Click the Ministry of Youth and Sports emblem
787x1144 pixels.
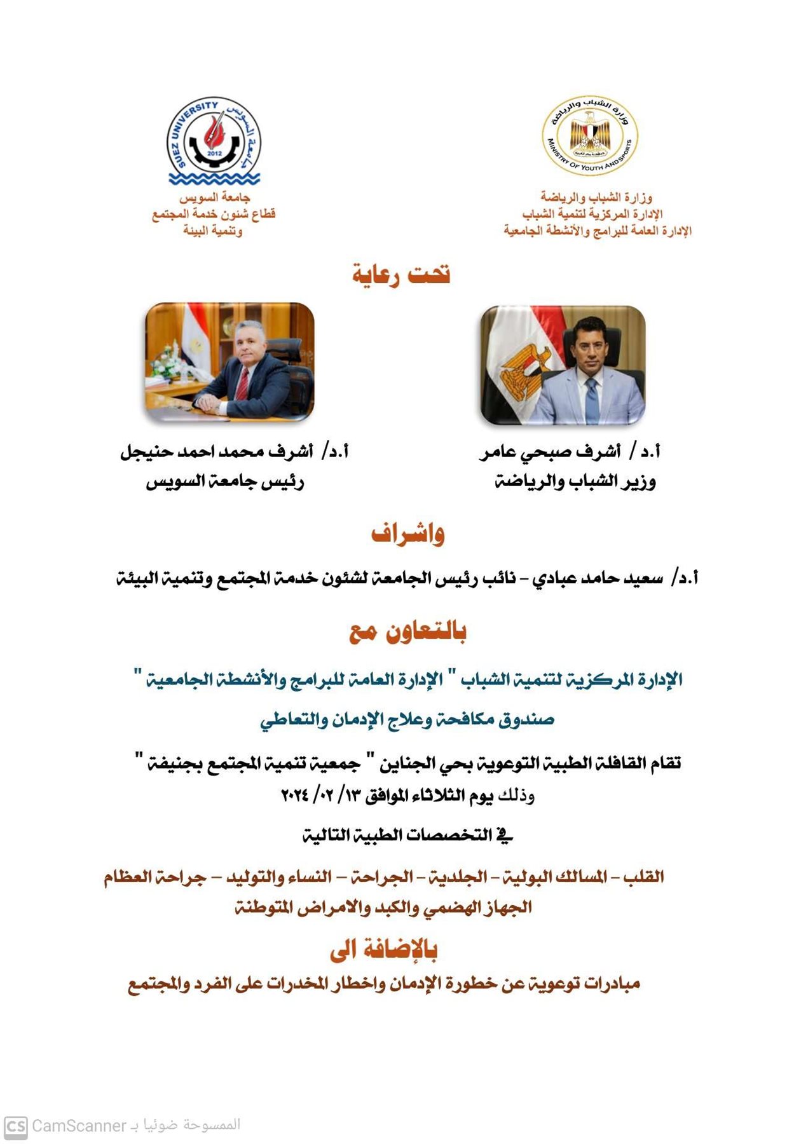(590, 135)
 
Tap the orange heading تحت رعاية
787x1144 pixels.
(401, 273)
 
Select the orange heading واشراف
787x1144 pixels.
(407, 534)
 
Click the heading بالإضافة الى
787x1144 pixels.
(383, 950)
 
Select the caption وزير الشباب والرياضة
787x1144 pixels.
(575, 482)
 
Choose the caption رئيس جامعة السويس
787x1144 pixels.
(225, 482)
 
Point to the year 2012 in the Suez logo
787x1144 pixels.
(214, 153)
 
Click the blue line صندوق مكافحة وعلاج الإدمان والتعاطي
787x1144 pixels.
(407, 719)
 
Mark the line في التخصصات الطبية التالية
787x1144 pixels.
(407, 835)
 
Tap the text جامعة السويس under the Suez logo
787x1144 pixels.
(214, 198)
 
